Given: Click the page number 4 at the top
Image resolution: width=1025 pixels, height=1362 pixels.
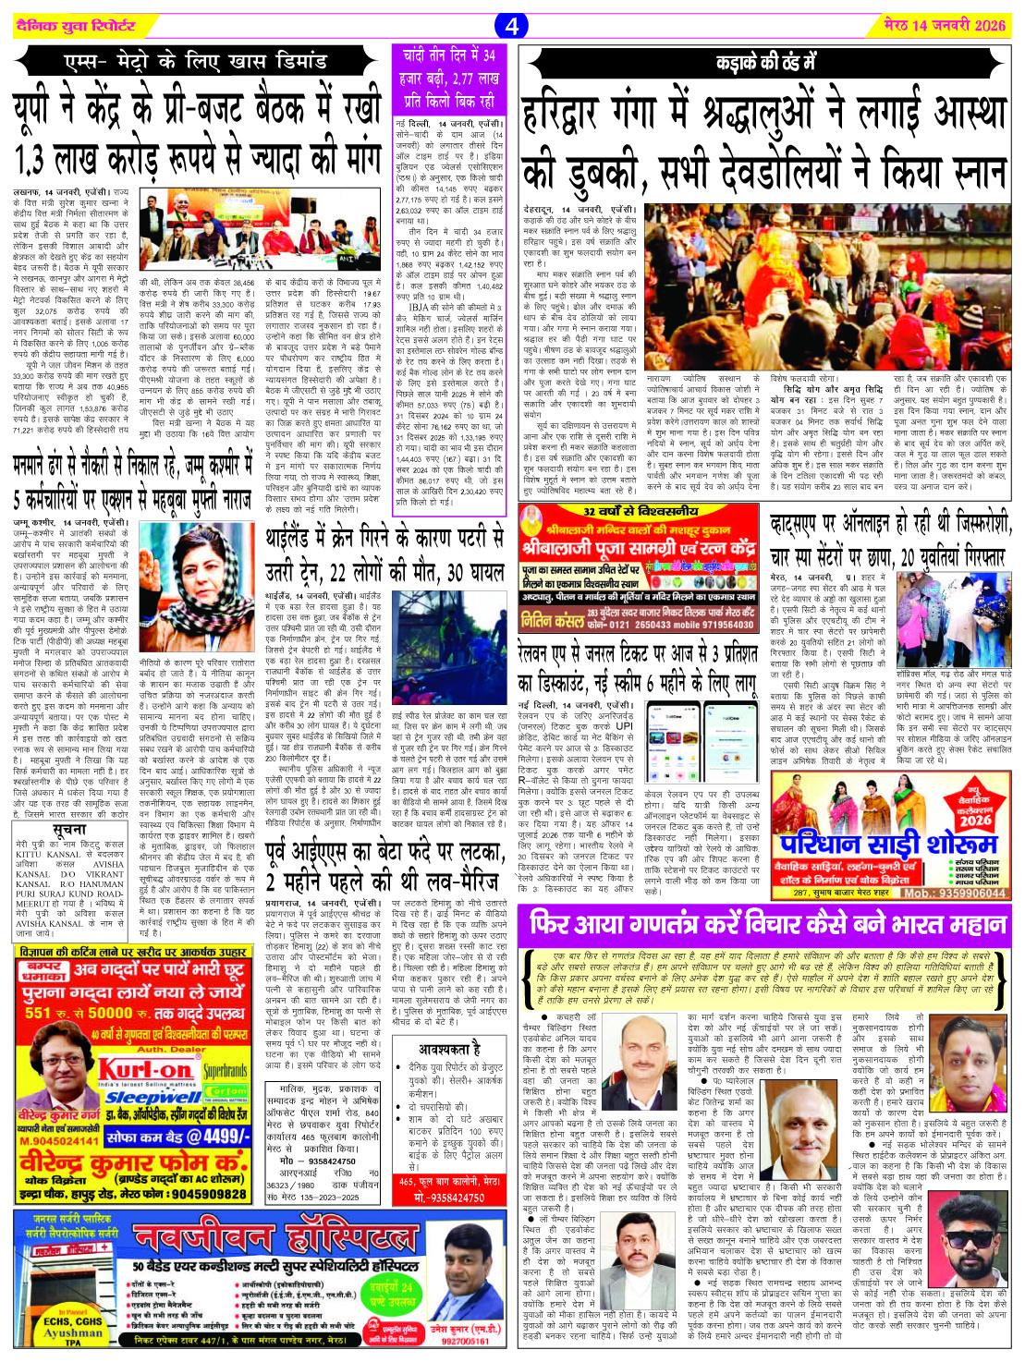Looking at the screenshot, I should click(x=512, y=25).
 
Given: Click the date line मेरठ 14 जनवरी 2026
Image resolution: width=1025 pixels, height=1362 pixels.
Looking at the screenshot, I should click(x=943, y=25).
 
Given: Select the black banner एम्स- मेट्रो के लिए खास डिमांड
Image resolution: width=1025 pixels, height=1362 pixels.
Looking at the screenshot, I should click(x=195, y=63).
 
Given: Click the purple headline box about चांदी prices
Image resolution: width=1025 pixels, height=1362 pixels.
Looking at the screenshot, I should click(x=449, y=79).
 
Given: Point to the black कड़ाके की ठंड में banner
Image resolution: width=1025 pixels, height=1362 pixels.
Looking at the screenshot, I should click(x=765, y=63).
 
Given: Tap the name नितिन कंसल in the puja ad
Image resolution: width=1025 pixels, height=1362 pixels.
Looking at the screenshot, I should click(x=551, y=618).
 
